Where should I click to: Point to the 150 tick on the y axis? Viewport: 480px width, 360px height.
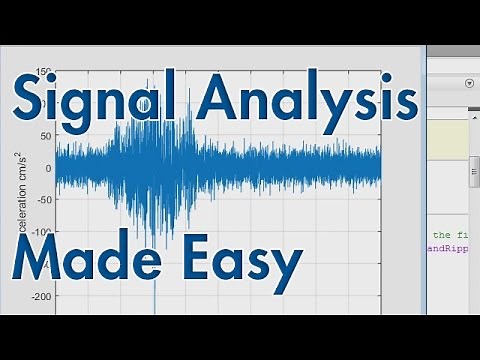coord(43,72)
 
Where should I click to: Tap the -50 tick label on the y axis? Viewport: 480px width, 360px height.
coord(43,199)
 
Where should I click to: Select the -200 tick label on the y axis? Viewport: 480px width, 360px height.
coord(40,297)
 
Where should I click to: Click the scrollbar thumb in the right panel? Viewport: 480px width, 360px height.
coord(473,170)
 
